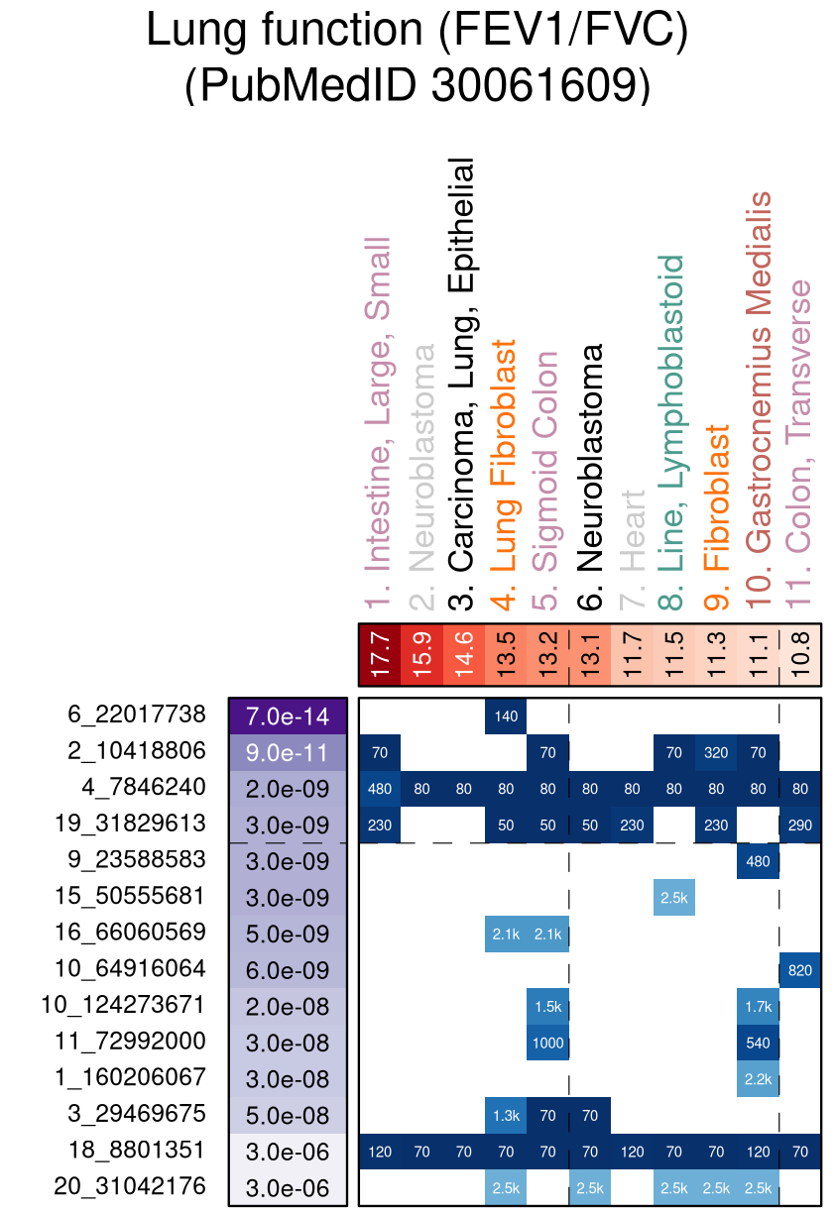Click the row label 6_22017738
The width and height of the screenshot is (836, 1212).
[137, 715]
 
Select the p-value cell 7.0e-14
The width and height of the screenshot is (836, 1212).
[288, 716]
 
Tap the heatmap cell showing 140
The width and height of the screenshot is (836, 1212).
[506, 716]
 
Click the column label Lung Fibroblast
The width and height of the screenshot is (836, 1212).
[506, 456]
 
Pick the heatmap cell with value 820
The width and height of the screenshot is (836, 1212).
[800, 970]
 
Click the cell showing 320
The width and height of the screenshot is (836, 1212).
[716, 752]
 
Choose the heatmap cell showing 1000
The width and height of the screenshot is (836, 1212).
[547, 1043]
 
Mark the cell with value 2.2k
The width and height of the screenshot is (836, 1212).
[758, 1078]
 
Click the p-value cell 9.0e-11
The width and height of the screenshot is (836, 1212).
[288, 752]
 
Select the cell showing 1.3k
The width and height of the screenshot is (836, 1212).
[506, 1115]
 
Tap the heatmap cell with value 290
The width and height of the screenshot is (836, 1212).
[800, 825]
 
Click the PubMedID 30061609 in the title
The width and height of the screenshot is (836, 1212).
[417, 86]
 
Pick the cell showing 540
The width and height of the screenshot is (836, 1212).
[758, 1043]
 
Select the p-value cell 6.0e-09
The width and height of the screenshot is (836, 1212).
[288, 970]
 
